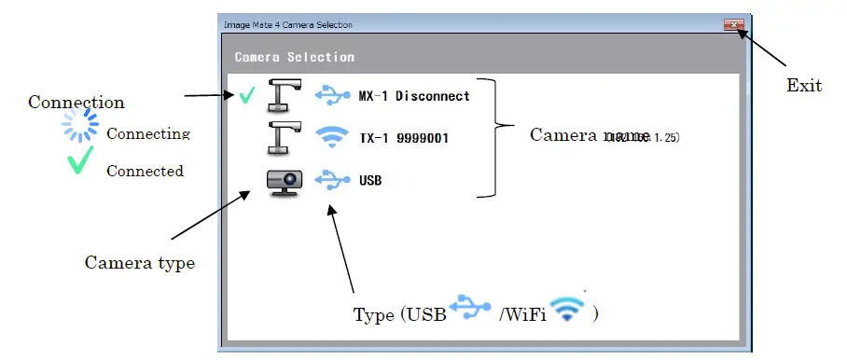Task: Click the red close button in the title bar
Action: click(733, 25)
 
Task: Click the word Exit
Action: click(804, 86)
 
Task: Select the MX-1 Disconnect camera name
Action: click(413, 95)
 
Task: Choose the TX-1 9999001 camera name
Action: click(403, 138)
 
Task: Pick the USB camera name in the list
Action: click(370, 179)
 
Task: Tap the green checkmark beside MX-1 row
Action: click(246, 95)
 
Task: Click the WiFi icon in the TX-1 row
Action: click(330, 137)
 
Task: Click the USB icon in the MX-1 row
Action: click(330, 94)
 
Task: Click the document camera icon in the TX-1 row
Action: click(281, 136)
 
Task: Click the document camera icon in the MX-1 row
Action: click(281, 93)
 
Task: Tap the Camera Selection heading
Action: click(294, 57)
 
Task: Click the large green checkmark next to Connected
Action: click(80, 164)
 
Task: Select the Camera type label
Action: click(140, 263)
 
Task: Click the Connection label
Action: click(76, 102)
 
